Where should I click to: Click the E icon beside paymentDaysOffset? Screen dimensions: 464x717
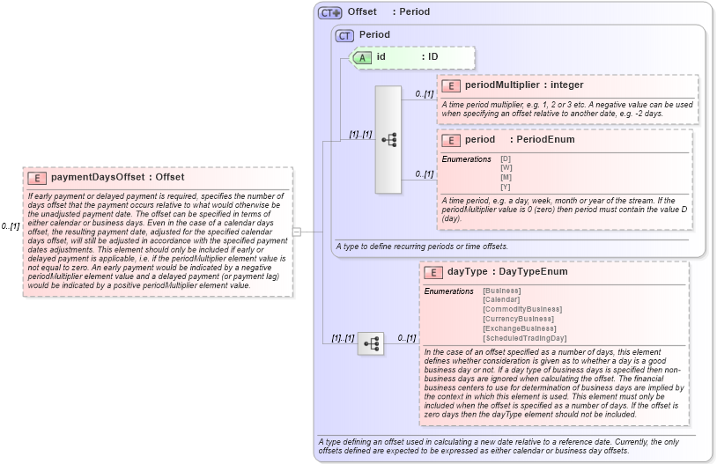coord(38,177)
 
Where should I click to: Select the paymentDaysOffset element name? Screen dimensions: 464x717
coord(99,177)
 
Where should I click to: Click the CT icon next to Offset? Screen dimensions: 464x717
coord(330,12)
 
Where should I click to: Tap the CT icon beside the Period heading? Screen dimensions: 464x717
coord(344,35)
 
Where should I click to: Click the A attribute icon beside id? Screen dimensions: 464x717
coord(362,57)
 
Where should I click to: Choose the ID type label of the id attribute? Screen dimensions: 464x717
coord(432,57)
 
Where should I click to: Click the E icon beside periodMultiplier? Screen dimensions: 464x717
coord(451,85)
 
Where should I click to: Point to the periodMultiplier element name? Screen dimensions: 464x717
coord(499,85)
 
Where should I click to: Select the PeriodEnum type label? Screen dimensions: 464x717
coord(545,140)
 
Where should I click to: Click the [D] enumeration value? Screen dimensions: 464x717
coord(506,158)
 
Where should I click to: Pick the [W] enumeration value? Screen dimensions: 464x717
coord(506,168)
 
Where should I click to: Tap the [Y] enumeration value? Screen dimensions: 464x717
coord(506,187)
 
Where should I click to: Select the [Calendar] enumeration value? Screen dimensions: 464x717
coord(501,300)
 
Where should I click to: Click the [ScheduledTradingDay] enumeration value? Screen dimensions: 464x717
coord(524,338)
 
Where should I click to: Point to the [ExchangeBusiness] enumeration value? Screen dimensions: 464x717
coord(519,328)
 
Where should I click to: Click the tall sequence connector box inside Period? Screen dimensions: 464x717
coord(388,140)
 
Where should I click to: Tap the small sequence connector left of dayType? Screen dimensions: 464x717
coord(370,343)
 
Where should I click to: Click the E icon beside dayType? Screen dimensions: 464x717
coord(433,272)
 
